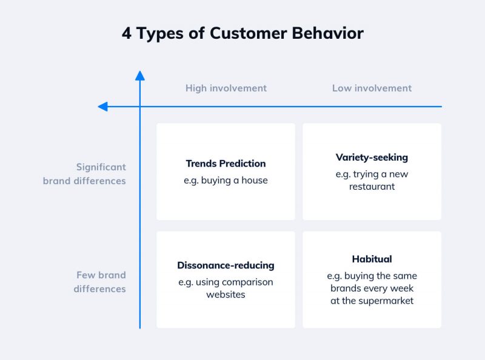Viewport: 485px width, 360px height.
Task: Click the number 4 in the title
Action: point(127,33)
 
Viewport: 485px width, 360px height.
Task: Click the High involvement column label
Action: point(226,88)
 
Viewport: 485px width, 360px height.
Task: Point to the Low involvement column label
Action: point(372,88)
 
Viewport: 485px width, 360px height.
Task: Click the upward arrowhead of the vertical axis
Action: point(140,75)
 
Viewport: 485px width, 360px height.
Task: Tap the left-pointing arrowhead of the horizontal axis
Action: point(102,107)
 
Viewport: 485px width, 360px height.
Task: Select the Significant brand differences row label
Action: point(84,173)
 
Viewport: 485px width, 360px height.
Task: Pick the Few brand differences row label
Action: point(99,282)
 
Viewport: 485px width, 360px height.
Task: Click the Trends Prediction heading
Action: point(226,163)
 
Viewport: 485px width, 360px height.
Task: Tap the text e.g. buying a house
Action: point(226,180)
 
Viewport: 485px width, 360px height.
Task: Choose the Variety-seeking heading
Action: point(372,157)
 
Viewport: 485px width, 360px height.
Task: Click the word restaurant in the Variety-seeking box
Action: point(372,187)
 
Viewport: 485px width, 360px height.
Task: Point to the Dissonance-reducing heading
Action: point(226,265)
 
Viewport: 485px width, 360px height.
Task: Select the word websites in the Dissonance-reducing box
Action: point(226,295)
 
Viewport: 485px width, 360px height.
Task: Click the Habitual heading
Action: point(372,259)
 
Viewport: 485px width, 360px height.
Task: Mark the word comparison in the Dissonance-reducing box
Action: point(247,282)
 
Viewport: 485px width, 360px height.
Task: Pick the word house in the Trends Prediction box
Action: point(254,180)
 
